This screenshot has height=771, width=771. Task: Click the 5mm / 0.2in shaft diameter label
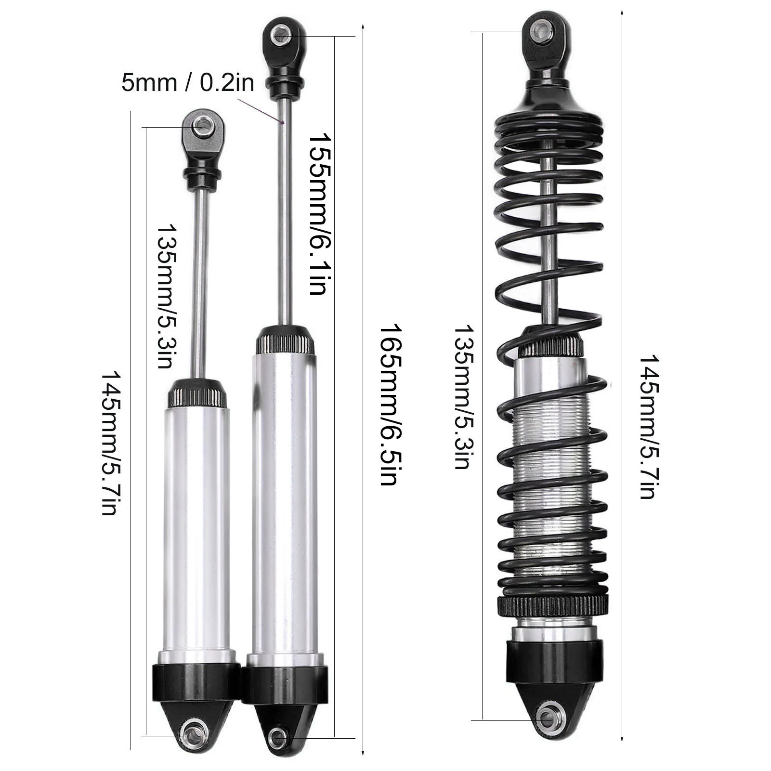(188, 82)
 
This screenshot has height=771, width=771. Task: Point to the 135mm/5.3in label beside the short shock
(165, 296)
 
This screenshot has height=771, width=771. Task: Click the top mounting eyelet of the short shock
(203, 127)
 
